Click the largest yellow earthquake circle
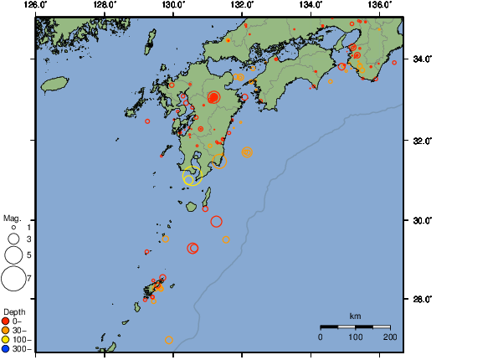192,177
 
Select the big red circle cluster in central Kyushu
213,98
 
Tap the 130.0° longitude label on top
173,6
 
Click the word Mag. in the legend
11,217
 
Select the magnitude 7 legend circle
13,277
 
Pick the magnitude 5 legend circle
13,255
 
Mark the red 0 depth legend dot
7,321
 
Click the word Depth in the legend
13,312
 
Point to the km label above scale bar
355,316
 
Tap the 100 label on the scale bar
355,337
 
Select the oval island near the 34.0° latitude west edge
54,84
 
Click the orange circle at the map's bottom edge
170,340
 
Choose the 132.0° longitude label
242,6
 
